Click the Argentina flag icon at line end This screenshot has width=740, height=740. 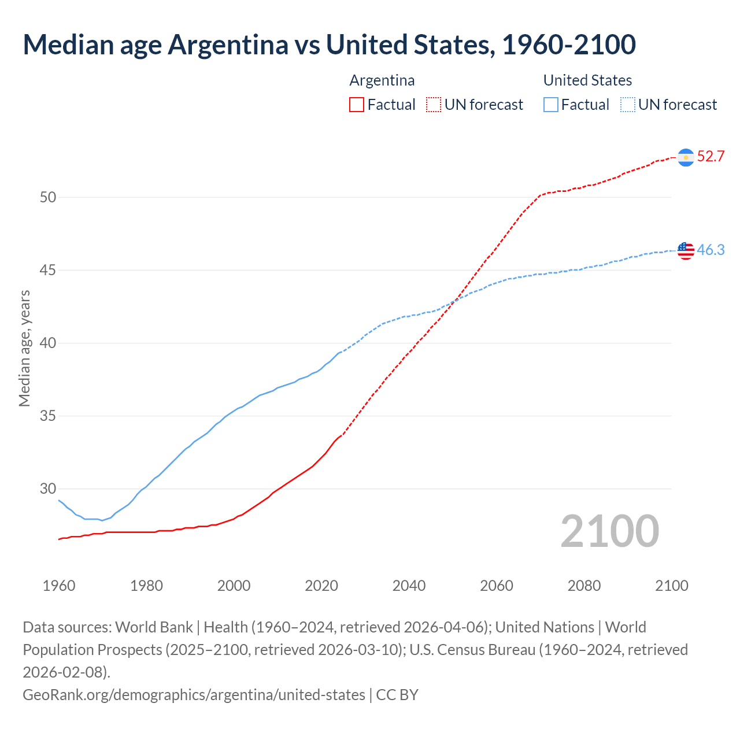[x=686, y=157]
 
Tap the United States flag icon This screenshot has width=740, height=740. [x=686, y=250]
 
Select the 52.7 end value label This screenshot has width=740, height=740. [x=711, y=157]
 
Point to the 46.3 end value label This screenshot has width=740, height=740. [x=711, y=250]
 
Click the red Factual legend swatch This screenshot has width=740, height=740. [x=357, y=105]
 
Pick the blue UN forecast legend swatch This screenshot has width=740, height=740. [x=628, y=105]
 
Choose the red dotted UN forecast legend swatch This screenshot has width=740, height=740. [x=434, y=105]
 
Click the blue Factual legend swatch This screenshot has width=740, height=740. [x=551, y=105]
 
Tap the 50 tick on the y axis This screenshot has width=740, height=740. [x=48, y=197]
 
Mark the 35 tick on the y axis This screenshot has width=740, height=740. [x=48, y=416]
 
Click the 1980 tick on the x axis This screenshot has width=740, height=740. [x=146, y=586]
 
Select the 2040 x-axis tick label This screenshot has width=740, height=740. [x=409, y=586]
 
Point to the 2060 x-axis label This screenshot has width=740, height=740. [x=497, y=586]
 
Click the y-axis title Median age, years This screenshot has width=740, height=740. [x=24, y=349]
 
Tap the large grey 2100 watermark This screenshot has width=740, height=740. [x=609, y=531]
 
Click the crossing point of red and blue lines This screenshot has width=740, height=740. [x=454, y=301]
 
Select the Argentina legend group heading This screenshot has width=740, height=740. [x=382, y=80]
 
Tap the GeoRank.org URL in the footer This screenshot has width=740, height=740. [x=194, y=694]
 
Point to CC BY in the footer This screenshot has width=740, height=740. [x=397, y=694]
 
